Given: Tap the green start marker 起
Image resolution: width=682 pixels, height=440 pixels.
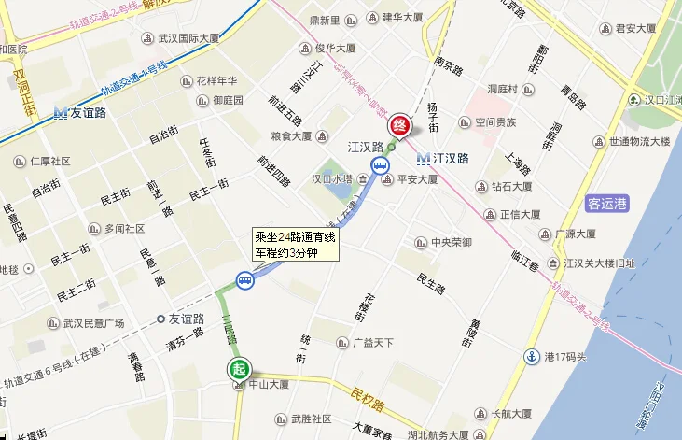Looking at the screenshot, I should click(237, 368).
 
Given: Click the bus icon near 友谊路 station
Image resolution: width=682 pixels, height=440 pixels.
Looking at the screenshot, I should click(244, 280).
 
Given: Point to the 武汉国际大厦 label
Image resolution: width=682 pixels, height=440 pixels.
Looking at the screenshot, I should click(187, 38).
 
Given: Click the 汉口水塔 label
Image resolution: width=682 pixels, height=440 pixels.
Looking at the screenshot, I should click(331, 178).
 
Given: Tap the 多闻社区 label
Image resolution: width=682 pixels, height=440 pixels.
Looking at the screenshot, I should click(124, 229).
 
